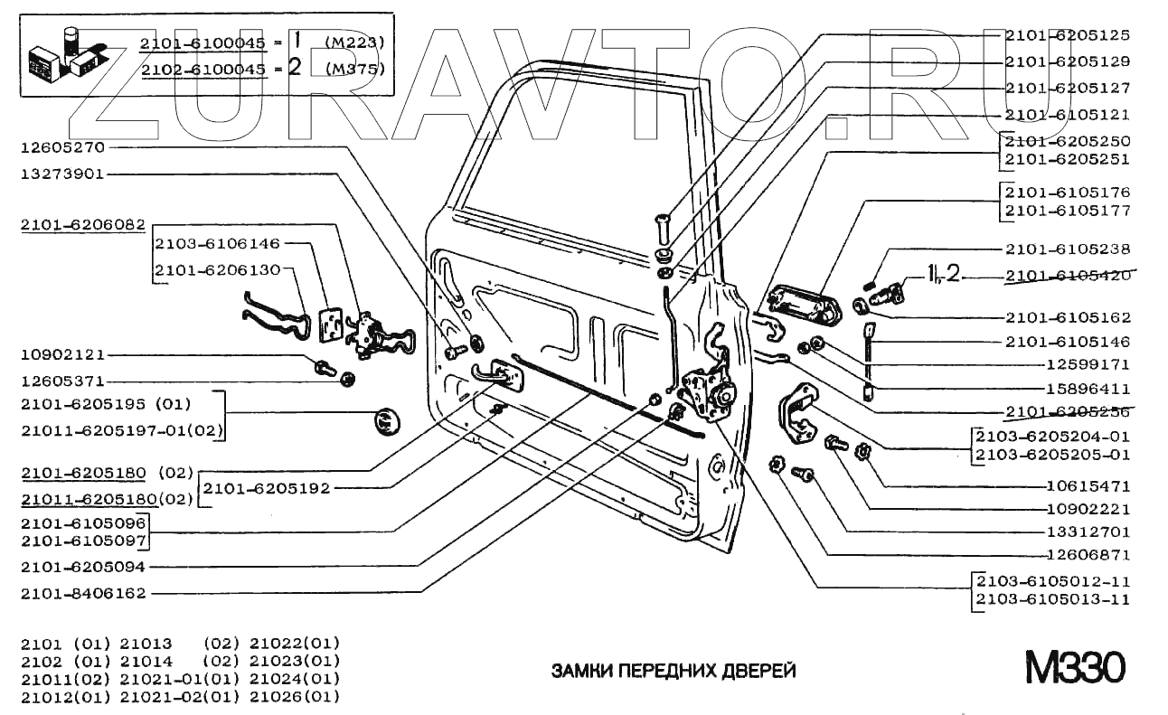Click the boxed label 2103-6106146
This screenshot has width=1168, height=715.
[217, 244]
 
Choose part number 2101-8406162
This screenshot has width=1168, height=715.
[83, 594]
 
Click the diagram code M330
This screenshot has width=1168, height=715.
[1074, 670]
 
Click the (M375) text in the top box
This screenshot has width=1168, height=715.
[354, 69]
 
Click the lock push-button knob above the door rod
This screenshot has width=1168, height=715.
[662, 222]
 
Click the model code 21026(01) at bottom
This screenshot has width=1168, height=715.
[295, 696]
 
